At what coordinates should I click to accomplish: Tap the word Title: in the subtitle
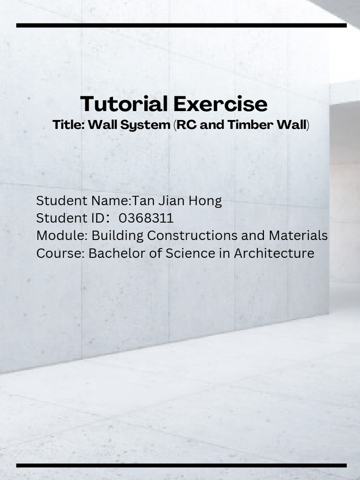click(68, 125)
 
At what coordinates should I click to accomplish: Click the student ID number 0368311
click(146, 218)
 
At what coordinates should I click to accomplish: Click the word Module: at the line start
click(62, 235)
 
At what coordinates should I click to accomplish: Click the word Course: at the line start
click(60, 253)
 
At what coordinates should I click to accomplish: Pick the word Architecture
click(274, 253)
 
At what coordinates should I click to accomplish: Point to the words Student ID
click(70, 218)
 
